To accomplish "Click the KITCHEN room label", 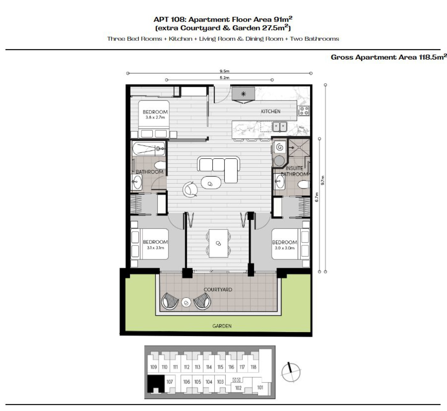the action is tap(270, 111).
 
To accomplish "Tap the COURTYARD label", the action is tap(218, 290).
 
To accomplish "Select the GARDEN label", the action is tap(222, 326).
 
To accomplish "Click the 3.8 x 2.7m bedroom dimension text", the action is tap(155, 117).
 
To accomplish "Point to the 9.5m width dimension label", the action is tap(224, 71).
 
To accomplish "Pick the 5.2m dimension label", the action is tap(224, 78).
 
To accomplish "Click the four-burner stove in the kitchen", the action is tap(304, 111).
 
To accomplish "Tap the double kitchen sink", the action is tap(280, 127).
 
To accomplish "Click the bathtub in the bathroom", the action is tap(149, 148).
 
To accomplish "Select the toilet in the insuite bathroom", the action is tap(304, 184).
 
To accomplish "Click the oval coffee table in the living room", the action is tap(211, 183).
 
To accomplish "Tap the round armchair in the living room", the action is tap(190, 190).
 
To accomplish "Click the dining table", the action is tap(218, 243).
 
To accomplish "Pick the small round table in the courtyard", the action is tap(186, 303).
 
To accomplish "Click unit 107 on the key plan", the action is tap(170, 382).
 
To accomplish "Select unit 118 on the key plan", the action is tap(254, 367).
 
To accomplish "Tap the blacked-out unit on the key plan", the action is tap(156, 383).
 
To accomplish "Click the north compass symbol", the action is tap(291, 372).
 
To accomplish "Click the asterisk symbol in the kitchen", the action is tap(243, 94).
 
